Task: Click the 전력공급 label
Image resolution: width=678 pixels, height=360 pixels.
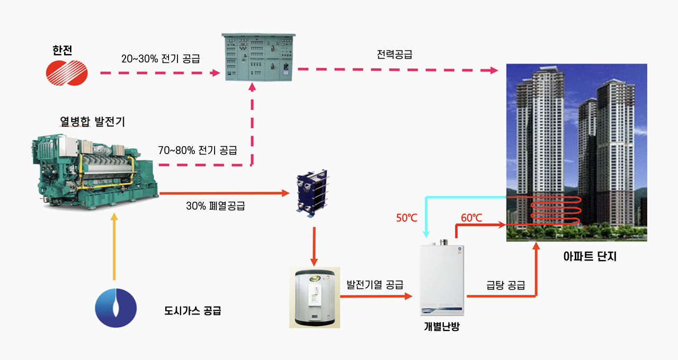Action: (395, 54)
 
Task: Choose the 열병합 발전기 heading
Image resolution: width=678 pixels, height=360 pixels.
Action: (92, 122)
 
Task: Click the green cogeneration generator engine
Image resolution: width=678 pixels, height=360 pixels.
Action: (95, 171)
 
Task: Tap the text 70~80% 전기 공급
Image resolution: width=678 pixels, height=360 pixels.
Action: (198, 150)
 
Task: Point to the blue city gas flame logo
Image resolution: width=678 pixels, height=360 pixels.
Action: (115, 308)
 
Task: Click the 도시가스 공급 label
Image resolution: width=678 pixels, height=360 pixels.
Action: (193, 311)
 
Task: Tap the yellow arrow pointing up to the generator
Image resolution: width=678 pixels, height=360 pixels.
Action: (114, 246)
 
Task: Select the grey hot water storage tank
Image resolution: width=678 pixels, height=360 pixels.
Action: (314, 298)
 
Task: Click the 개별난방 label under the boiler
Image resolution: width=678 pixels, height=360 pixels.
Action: (442, 326)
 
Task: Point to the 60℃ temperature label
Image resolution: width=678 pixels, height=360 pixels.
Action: (471, 218)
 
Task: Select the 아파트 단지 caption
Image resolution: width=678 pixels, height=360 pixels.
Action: (590, 257)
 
